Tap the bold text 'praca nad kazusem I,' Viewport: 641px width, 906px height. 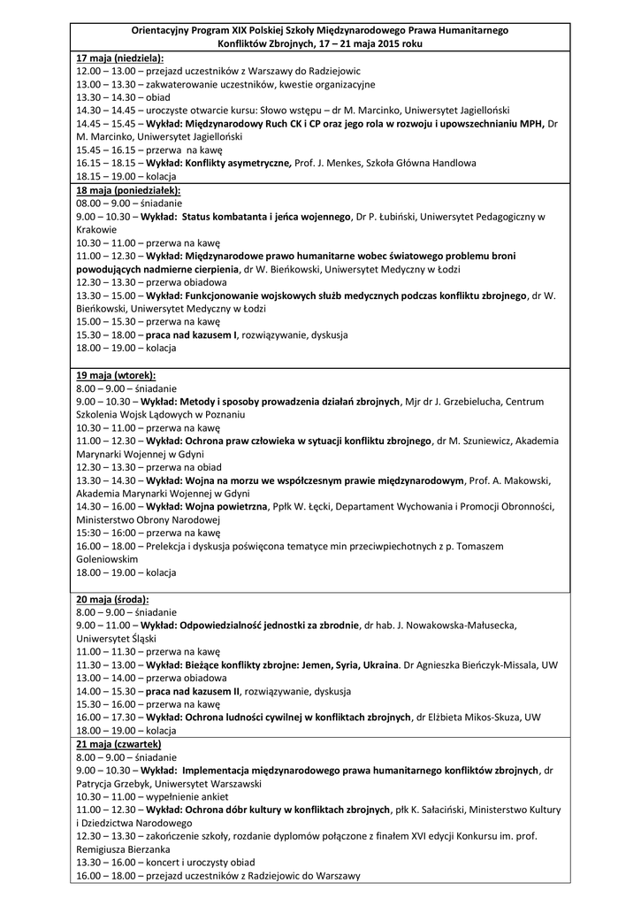[x=192, y=335]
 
